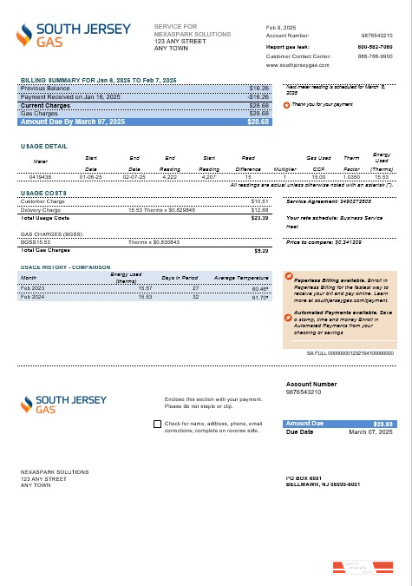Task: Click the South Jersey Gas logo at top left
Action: (73, 36)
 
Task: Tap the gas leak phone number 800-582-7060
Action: (377, 45)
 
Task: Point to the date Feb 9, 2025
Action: (281, 27)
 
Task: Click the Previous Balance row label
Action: (47, 89)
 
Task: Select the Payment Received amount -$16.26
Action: (258, 97)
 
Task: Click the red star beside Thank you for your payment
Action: (287, 104)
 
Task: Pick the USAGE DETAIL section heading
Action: (43, 147)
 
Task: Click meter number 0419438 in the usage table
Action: (41, 176)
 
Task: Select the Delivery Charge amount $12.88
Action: (259, 210)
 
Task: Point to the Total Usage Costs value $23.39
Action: (259, 218)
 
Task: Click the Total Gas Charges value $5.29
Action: (261, 250)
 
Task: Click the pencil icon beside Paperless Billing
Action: (288, 277)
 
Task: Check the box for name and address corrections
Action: (156, 425)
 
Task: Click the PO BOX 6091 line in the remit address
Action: (304, 478)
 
